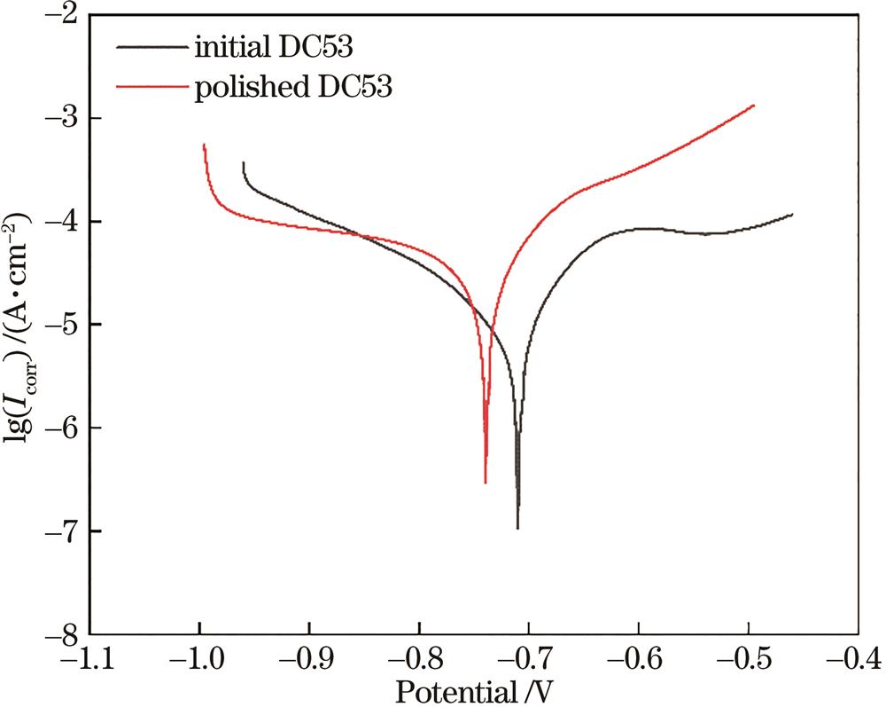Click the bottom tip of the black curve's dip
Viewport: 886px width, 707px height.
(x=517, y=529)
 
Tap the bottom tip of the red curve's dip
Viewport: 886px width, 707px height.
(x=486, y=483)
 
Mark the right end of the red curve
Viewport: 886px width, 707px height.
(x=754, y=105)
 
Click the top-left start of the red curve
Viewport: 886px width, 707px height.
(x=204, y=144)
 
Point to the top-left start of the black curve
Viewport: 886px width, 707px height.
(x=243, y=162)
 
